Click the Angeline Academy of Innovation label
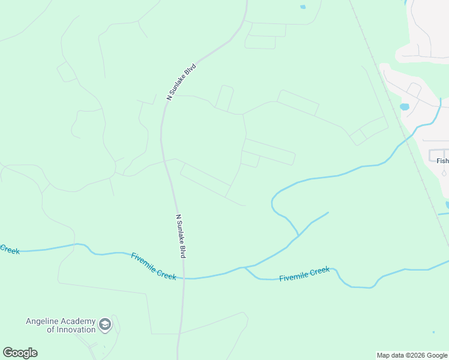61,325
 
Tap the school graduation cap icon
105,325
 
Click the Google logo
20,352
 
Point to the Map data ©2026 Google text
412,355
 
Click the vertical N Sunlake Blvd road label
181,236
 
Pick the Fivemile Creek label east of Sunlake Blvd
304,274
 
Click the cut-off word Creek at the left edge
10,249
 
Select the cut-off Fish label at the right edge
442,161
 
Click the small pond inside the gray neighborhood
404,107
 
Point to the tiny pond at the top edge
303,7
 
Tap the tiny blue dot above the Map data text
433,332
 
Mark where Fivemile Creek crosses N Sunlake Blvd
184,278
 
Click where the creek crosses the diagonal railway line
411,136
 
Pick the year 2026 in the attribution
414,355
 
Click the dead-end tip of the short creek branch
328,212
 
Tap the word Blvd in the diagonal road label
190,69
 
